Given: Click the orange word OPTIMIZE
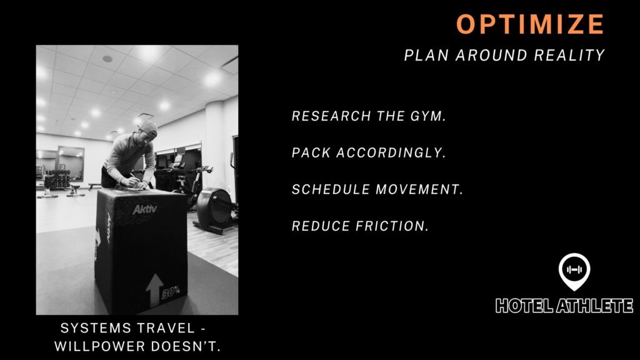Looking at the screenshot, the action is [530, 24].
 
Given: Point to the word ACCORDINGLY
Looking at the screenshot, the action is [391, 152].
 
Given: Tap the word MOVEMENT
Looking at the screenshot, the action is [419, 189].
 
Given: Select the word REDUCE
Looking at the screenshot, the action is [321, 226].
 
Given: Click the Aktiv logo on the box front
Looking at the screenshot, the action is [144, 209].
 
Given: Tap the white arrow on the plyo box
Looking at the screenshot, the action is [155, 289].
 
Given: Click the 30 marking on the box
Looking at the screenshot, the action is [171, 292].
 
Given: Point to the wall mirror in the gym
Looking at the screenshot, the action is [71, 163].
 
